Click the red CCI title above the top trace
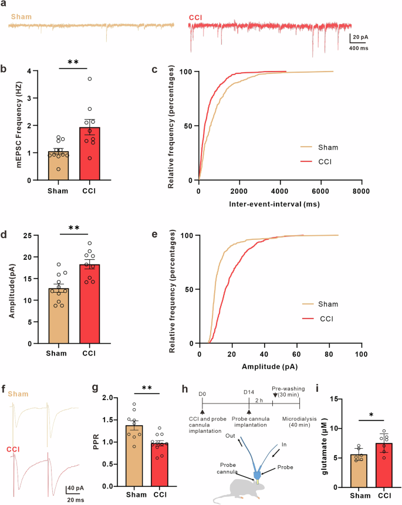196,18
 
